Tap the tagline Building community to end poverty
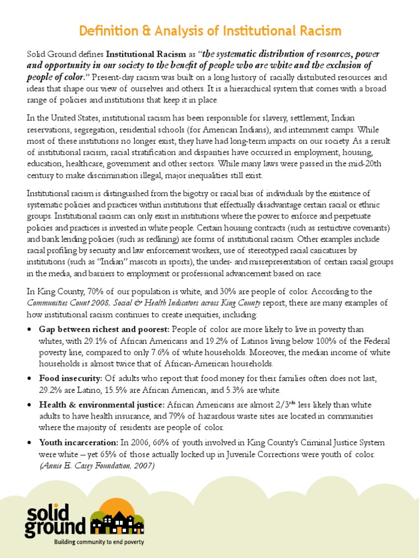pyautogui.click(x=98, y=542)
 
